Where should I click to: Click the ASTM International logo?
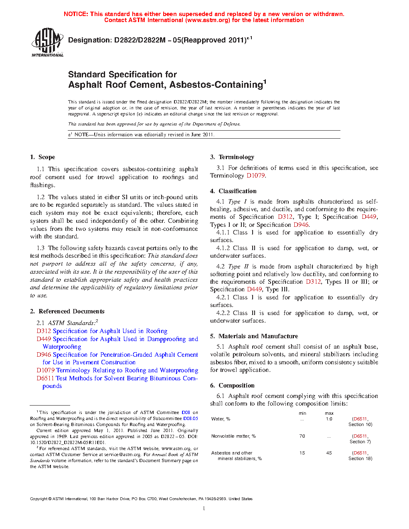[x=47, y=42]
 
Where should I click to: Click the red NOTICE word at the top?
[x=75, y=14]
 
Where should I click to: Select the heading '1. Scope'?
[x=43, y=157]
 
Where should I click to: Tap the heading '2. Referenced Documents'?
[x=67, y=311]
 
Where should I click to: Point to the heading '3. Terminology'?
[x=232, y=157]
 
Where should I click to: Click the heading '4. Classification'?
[x=233, y=191]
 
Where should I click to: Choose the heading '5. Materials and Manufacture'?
[x=254, y=336]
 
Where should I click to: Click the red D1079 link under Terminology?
[x=255, y=176]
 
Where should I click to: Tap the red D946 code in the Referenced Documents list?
[x=44, y=355]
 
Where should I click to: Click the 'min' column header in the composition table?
[x=302, y=413]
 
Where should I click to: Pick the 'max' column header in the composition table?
[x=329, y=413]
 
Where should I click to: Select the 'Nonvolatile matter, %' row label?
[x=233, y=436]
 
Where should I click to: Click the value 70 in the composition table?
[x=302, y=436]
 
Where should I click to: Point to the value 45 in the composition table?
[x=329, y=453]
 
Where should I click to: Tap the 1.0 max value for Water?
[x=329, y=419]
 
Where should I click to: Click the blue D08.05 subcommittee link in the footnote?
[x=190, y=418]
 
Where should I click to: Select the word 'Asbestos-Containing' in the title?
[x=216, y=85]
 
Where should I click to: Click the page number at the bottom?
[x=204, y=509]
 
